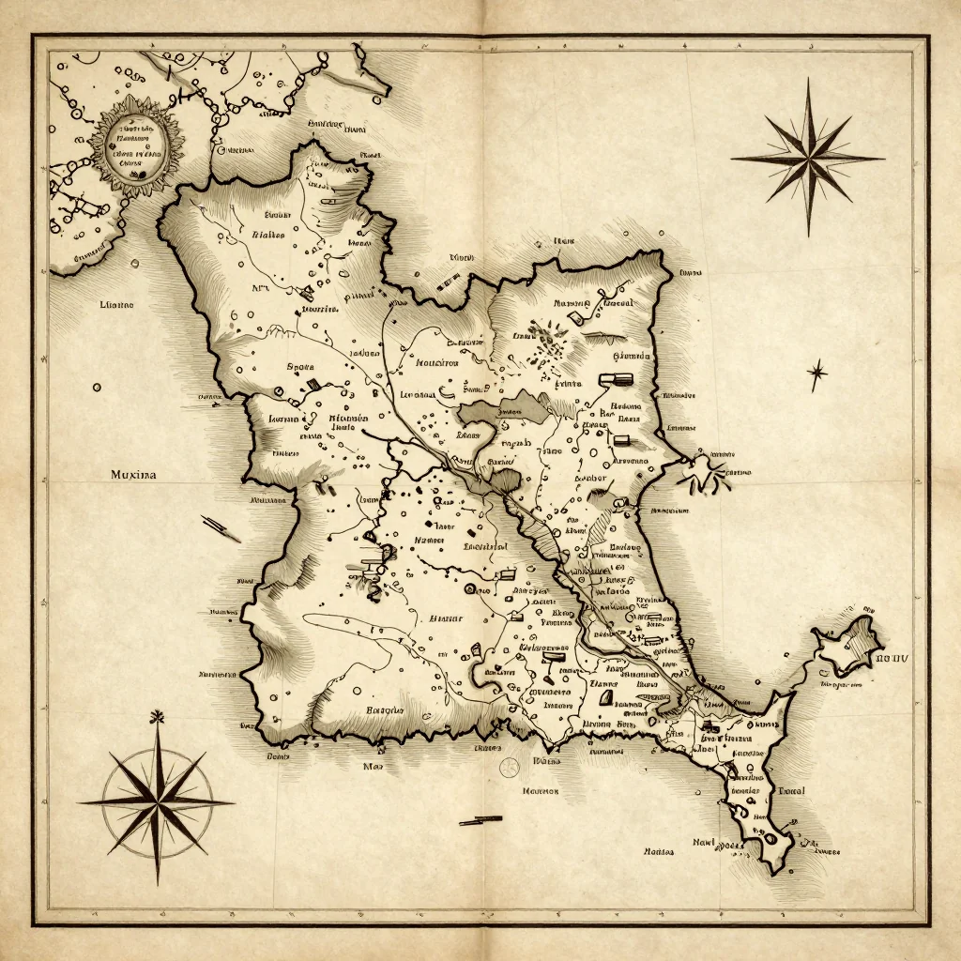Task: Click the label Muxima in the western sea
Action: click(x=132, y=476)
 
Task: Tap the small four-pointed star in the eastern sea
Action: click(x=816, y=374)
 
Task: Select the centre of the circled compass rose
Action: click(x=157, y=802)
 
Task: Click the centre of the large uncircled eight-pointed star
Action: click(x=807, y=158)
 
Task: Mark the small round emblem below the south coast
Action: click(x=510, y=767)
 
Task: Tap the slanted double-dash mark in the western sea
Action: click(x=221, y=527)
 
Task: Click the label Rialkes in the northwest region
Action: click(x=269, y=236)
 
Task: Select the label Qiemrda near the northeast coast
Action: click(x=631, y=357)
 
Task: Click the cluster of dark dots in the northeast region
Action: click(x=547, y=342)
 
